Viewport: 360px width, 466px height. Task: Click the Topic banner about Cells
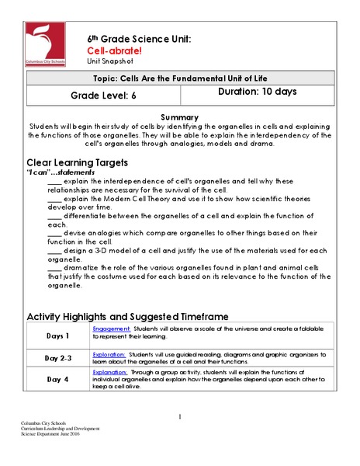(180, 79)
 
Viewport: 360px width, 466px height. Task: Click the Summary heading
(180, 116)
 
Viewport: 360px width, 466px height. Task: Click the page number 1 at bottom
(179, 417)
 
